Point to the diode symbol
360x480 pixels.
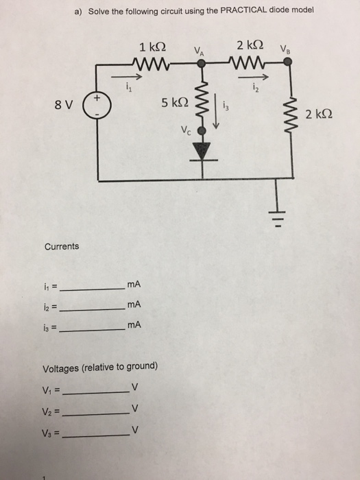click(x=202, y=148)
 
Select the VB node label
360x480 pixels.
click(x=285, y=49)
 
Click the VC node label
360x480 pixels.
click(x=185, y=130)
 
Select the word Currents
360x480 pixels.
click(x=62, y=246)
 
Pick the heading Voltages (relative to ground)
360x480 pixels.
click(x=101, y=366)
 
